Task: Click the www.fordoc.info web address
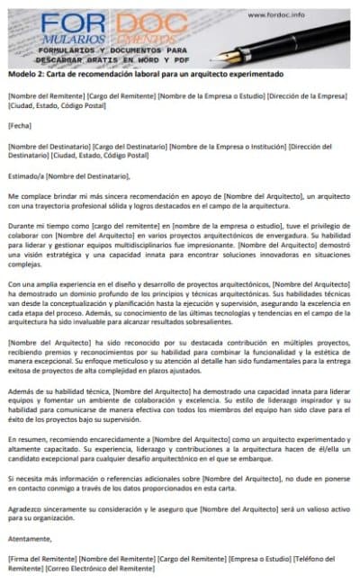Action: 302,14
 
